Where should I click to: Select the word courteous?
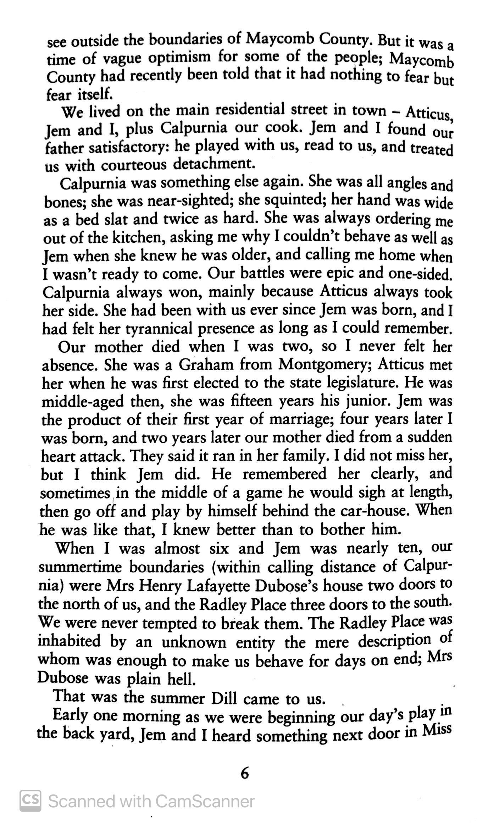[x=134, y=165]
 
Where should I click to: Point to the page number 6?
[x=244, y=773]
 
